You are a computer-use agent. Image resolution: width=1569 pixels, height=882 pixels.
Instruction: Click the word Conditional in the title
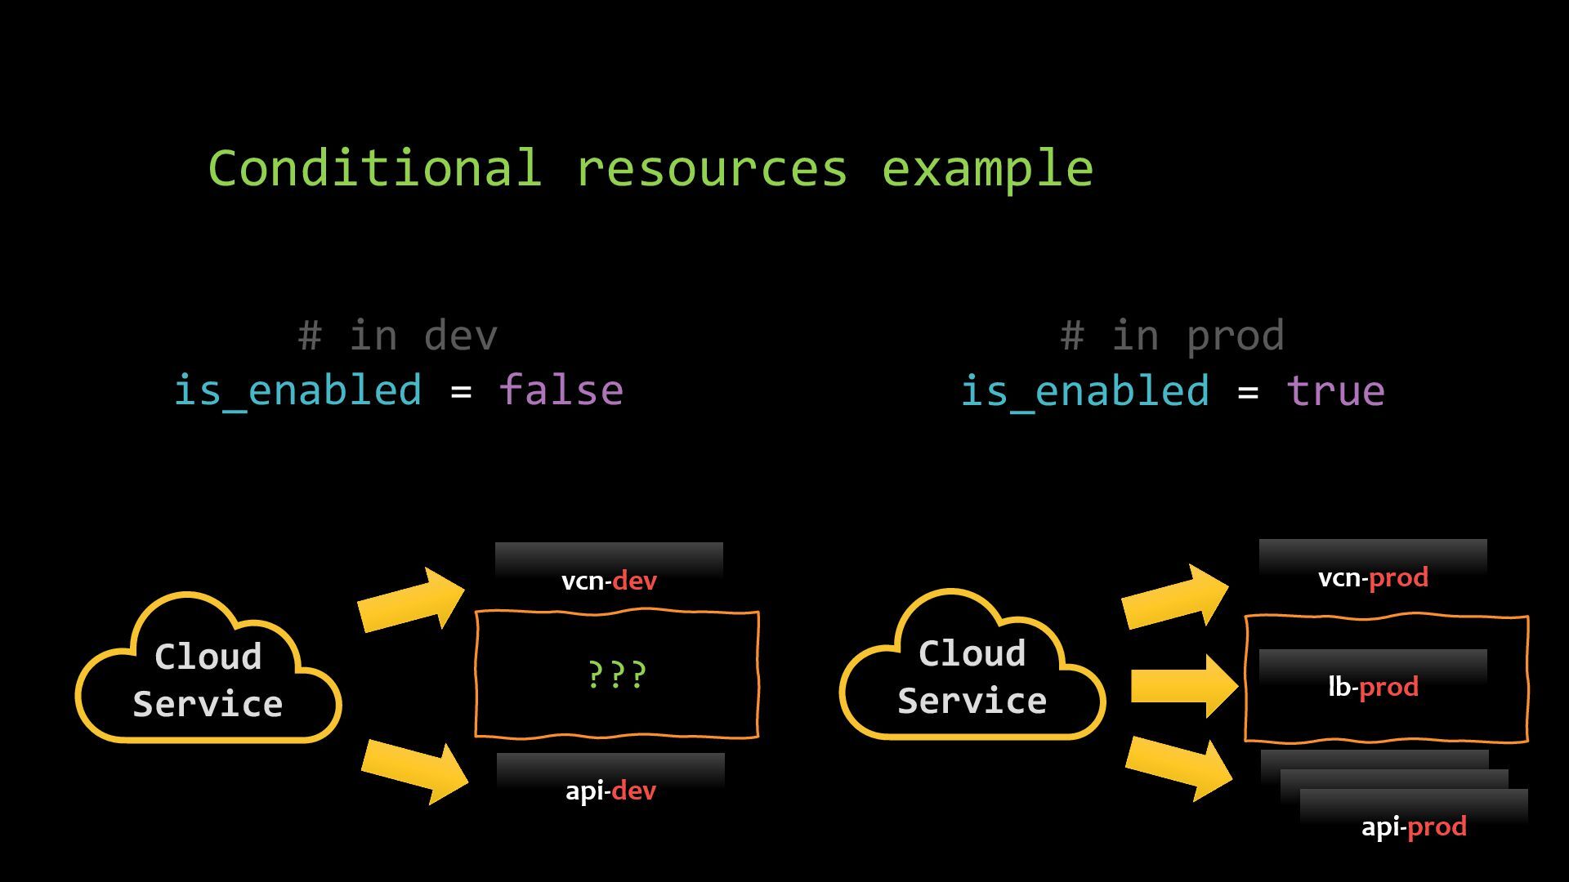tap(374, 168)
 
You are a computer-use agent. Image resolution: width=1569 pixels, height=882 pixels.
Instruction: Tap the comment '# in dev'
tap(398, 336)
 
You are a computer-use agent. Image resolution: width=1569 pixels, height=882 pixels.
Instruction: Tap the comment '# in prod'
tap(1172, 336)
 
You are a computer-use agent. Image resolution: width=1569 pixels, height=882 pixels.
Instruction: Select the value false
tap(561, 390)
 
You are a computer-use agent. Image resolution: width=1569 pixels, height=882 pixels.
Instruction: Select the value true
tap(1335, 390)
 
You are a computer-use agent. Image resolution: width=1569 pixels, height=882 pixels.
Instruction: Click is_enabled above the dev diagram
tap(298, 390)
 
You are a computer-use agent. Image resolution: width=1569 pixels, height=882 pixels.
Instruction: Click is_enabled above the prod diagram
tap(1084, 390)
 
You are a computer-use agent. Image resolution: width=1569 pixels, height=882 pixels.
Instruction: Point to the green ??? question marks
tap(617, 675)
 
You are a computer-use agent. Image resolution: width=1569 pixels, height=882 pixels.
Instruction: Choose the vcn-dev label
tap(609, 581)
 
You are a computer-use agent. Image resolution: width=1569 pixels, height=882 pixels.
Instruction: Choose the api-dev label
tap(610, 791)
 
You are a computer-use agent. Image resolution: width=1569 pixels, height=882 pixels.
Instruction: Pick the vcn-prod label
tap(1373, 577)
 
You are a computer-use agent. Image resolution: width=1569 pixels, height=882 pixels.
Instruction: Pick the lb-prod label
tap(1373, 687)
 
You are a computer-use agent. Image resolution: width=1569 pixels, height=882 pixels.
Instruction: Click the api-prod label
tap(1414, 826)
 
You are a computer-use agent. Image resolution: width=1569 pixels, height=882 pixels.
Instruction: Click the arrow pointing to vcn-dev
tap(411, 600)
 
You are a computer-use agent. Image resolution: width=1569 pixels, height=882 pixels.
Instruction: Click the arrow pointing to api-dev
tap(414, 771)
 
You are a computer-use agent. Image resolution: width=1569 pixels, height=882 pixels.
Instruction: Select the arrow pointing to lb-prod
tap(1183, 686)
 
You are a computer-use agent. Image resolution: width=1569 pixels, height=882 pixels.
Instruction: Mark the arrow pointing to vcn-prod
tap(1174, 597)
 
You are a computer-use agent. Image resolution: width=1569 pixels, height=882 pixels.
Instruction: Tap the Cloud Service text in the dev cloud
tap(208, 679)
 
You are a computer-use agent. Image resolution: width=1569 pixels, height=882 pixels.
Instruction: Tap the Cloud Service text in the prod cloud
tap(972, 676)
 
